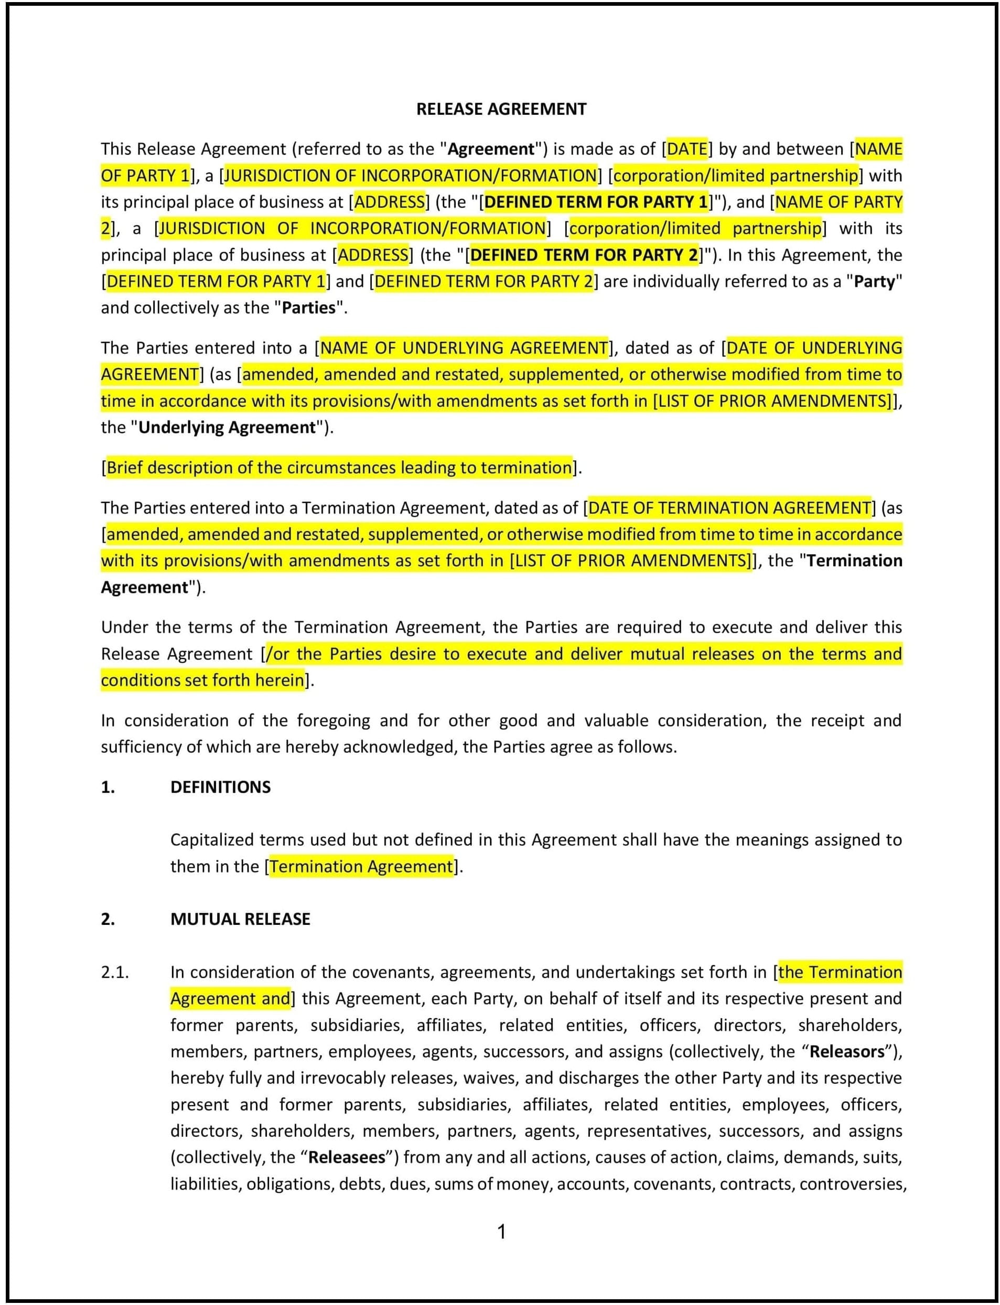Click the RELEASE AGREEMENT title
pos(501,109)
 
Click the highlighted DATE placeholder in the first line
pos(687,149)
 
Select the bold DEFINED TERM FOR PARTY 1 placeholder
pos(596,202)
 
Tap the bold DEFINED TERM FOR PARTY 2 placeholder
pos(583,255)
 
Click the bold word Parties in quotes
pos(308,308)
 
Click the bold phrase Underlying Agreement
pos(226,427)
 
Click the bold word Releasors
pos(847,1052)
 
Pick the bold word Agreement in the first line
pos(490,149)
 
